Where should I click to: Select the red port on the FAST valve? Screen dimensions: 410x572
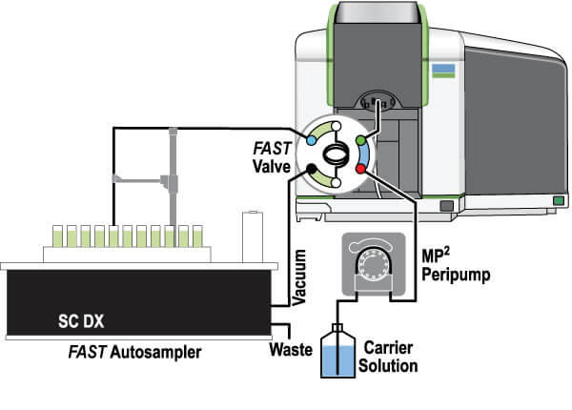(361, 169)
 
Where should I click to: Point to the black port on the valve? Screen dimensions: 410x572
(312, 170)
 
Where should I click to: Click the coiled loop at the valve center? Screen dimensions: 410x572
(337, 154)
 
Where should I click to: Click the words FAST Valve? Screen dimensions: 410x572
(271, 158)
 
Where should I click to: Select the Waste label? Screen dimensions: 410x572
(293, 349)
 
